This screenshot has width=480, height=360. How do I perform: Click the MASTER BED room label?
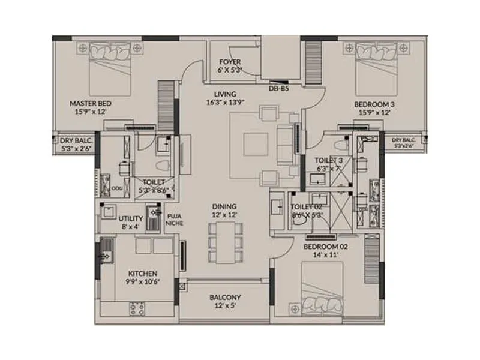91,103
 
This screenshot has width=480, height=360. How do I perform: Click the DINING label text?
223,206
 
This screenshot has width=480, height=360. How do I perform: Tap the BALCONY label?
225,297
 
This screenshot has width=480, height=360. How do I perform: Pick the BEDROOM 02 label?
326,246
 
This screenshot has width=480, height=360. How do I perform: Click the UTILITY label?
130,218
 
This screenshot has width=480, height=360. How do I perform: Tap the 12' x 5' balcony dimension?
225,306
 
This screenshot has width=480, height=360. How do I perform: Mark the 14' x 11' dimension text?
326,255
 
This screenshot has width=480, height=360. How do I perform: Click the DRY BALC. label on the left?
74,140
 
